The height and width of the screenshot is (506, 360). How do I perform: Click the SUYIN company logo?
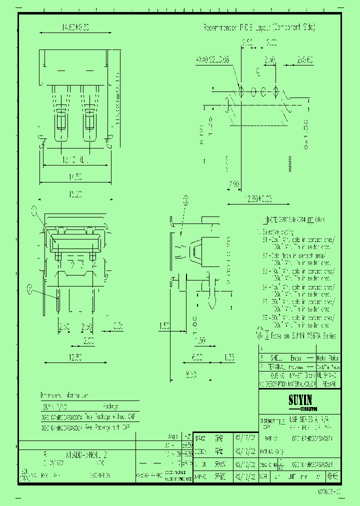(x=300, y=400)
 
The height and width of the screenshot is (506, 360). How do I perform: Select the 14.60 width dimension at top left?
(x=61, y=29)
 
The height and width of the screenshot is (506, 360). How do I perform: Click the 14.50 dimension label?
(x=76, y=176)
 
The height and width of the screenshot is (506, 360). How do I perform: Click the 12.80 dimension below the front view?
(x=76, y=357)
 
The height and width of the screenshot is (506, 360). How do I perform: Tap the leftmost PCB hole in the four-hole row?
(x=241, y=92)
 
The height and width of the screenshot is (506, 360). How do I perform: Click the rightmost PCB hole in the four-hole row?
(x=276, y=92)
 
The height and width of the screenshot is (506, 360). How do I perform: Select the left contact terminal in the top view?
(x=60, y=117)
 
